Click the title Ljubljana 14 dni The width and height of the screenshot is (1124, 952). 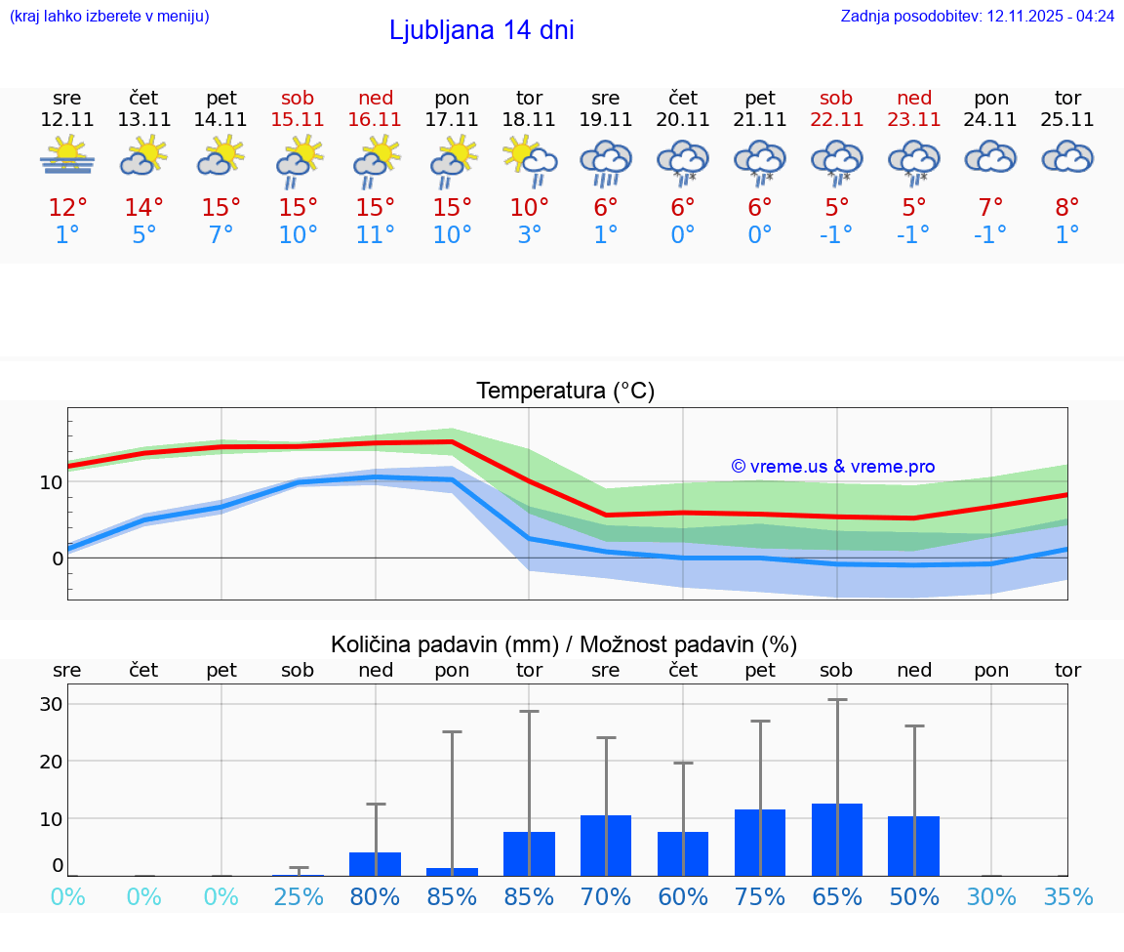click(481, 30)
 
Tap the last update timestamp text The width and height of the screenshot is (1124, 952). click(977, 16)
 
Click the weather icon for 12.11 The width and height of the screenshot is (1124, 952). click(67, 156)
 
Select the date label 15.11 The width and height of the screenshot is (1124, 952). click(298, 119)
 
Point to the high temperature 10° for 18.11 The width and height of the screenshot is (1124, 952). click(529, 208)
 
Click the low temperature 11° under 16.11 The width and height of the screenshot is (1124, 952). click(376, 235)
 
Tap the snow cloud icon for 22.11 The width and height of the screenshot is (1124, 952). click(837, 161)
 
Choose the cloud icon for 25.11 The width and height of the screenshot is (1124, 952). click(1067, 157)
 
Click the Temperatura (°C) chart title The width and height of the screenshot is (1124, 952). click(565, 392)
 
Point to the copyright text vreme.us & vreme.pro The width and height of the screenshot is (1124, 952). click(832, 467)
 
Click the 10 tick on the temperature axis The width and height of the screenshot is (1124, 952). click(51, 482)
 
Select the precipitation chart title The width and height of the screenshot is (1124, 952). click(564, 644)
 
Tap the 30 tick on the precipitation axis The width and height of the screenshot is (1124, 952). click(51, 704)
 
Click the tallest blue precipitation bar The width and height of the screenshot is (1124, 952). click(837, 840)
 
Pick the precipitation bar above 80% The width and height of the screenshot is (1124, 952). click(376, 864)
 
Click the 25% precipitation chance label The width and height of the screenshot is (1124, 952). click(299, 897)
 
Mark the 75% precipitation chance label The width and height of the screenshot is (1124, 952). click(760, 897)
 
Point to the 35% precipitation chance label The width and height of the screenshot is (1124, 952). click(1067, 897)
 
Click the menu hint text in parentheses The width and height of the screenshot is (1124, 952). click(109, 16)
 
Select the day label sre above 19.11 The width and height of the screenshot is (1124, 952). click(606, 98)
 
